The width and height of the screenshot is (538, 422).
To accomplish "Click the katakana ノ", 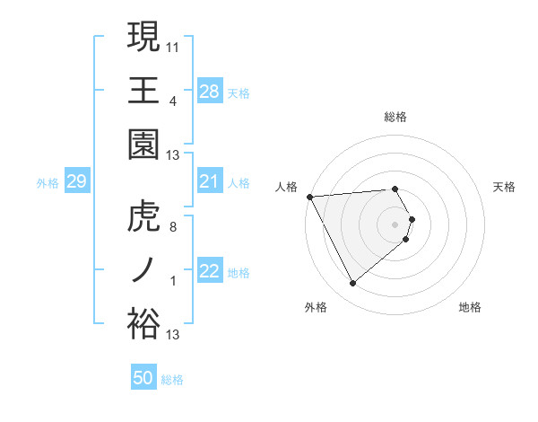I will coord(143,270).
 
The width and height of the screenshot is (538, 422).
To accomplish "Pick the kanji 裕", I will coord(143,324).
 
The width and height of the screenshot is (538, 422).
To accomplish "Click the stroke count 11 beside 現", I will coord(173,44).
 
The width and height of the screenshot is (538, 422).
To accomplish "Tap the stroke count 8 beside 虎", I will coord(173,226).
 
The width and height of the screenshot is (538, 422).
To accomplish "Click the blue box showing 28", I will coord(210,91).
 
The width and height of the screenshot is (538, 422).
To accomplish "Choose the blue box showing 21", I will coord(210,181).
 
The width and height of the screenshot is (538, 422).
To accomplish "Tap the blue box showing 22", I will coord(210,271).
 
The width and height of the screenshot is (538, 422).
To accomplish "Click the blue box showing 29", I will coord(76,181).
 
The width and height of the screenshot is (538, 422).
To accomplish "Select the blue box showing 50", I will coord(143,378).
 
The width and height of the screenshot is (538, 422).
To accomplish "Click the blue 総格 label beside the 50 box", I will coord(173,380).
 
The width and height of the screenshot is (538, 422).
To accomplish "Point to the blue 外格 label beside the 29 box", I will coord(48,183).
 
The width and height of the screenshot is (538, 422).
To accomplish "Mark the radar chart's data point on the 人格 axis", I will coord(309,197).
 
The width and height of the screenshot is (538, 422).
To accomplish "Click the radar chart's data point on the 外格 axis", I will coord(352,284).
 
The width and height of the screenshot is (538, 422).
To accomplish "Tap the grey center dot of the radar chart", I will coord(395,224).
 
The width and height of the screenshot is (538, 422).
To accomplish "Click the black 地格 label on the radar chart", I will coord(470,307).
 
